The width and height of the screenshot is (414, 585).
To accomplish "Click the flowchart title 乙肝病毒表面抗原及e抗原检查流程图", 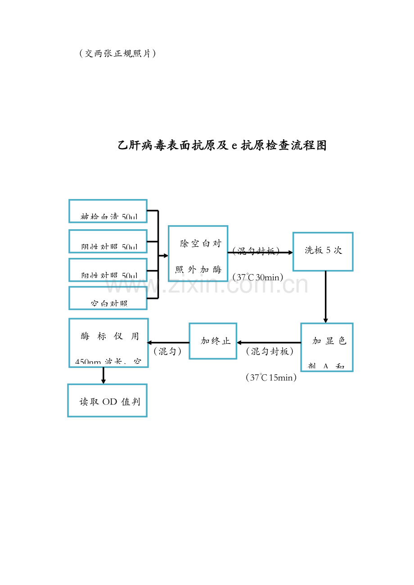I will point(222,146).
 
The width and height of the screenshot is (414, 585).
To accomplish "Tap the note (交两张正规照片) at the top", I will point(117,53).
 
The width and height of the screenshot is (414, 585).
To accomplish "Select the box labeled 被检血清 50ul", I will point(108,211).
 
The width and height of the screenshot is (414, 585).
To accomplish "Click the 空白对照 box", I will point(108,298).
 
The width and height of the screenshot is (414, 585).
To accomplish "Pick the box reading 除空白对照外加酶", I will point(198,253).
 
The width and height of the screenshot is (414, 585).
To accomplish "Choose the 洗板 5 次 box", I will point(323,252).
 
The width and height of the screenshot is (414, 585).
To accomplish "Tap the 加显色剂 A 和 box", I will point(327,347).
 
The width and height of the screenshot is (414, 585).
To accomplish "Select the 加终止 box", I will point(213,341).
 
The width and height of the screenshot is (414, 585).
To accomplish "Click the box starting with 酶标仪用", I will point(108,343).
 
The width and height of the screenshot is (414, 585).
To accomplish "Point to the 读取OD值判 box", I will point(108,400).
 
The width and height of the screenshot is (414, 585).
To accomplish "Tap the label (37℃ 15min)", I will point(271,377).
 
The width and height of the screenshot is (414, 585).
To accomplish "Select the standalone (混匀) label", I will point(168,351).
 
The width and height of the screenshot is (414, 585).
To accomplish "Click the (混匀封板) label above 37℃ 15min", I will point(270,351).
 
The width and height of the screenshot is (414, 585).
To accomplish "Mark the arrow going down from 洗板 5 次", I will point(326,297).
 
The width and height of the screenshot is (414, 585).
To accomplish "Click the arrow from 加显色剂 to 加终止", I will point(269,343).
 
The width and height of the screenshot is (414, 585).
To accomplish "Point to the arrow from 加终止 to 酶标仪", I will point(168,343).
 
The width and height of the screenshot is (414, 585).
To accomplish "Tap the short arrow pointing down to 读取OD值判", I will point(103,376).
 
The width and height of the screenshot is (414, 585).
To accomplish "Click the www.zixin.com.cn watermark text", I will point(207,284).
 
